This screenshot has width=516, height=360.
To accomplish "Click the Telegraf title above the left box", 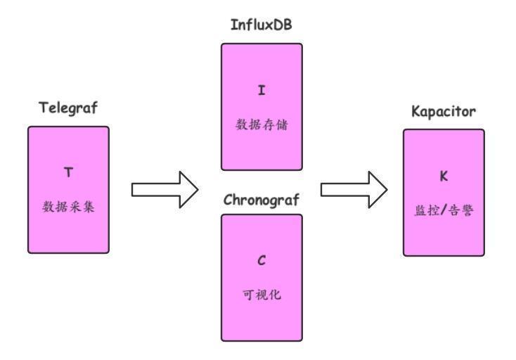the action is tap(68, 108).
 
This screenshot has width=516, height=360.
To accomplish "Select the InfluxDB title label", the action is tap(262, 25).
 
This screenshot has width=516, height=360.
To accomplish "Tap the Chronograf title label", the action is tap(262, 200).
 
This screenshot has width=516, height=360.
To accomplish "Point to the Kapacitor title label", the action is tap(444, 112).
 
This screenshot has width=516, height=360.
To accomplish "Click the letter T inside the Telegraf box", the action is tap(68, 172).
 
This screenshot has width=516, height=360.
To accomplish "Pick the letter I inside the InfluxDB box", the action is tap(262, 90).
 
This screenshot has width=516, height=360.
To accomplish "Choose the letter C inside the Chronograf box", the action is tap(262, 260).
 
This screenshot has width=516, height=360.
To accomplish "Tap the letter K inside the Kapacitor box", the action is tap(444, 176).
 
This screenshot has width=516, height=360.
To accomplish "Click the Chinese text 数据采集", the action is tap(68, 207).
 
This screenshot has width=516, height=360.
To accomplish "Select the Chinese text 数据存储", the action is tap(262, 124).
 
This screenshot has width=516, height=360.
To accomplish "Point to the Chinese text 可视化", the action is tap(262, 295).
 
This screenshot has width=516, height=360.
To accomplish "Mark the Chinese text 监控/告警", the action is tap(444, 210).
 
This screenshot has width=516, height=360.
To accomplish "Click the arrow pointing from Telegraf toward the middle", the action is tap(165, 190).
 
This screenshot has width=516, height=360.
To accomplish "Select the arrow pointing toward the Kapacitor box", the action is tap(354, 190).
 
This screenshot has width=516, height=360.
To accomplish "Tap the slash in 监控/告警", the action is tap(444, 210).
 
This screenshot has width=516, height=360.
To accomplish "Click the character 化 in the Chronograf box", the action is tap(275, 295).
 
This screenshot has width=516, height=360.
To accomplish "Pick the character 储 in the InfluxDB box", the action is tap(282, 124).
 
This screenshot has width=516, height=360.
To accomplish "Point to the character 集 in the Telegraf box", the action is tap(89, 207).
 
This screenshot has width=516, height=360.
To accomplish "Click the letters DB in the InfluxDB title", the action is tap(284, 25).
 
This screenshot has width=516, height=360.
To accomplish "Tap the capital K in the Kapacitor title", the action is tap(415, 111).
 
